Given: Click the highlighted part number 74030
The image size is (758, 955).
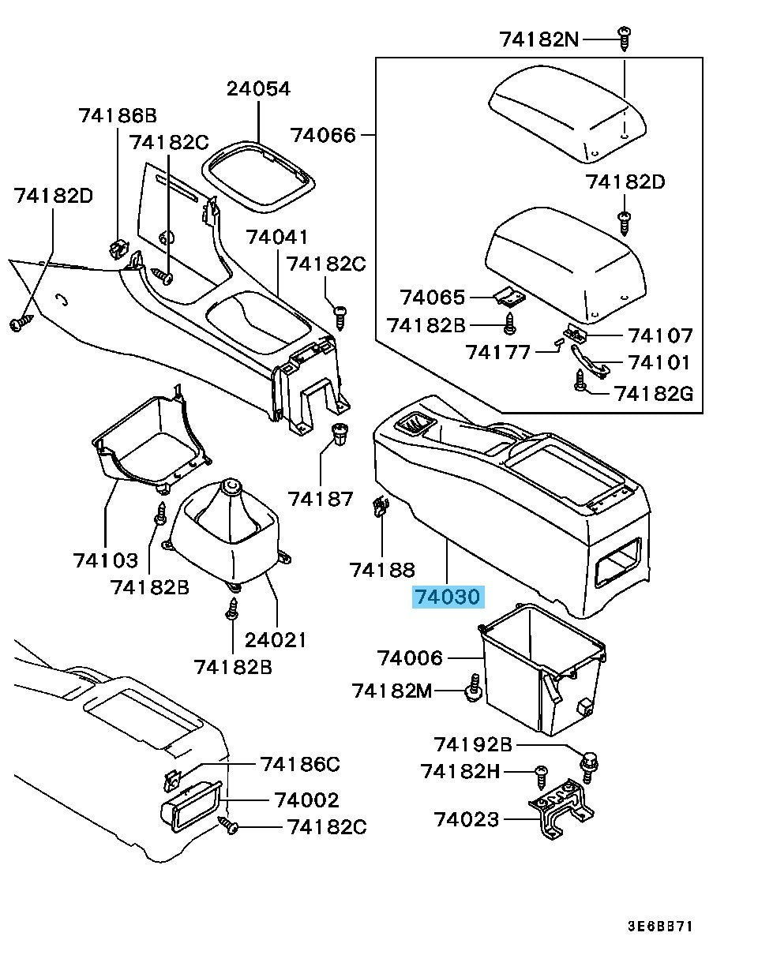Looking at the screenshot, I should point(448,597).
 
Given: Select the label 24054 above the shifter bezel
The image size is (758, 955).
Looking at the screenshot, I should point(258,88).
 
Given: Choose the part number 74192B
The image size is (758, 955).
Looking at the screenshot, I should point(473,744).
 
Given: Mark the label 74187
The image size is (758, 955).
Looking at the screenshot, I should point(320,498).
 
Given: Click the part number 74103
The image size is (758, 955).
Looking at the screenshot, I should point(105,560).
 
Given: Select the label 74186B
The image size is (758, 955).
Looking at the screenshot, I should point(118,116).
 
